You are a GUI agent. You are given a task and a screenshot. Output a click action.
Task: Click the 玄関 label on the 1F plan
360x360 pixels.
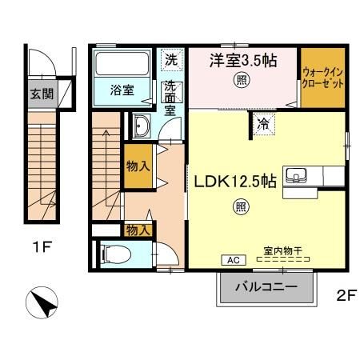42,93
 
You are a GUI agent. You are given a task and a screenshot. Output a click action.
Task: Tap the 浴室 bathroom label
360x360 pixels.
122,90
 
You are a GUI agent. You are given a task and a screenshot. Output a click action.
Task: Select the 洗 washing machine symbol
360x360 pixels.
172,58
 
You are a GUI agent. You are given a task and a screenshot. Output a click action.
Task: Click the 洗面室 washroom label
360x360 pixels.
171,98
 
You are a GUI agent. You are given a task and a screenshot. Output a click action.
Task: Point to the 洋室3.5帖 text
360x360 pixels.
243,59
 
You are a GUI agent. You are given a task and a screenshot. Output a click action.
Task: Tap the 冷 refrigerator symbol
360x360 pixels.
263,123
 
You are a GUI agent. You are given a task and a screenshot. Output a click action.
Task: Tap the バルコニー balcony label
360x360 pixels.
266,286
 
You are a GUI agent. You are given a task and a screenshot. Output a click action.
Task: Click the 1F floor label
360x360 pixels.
42,247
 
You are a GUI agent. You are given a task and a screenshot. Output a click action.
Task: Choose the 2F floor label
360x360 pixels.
346,294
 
